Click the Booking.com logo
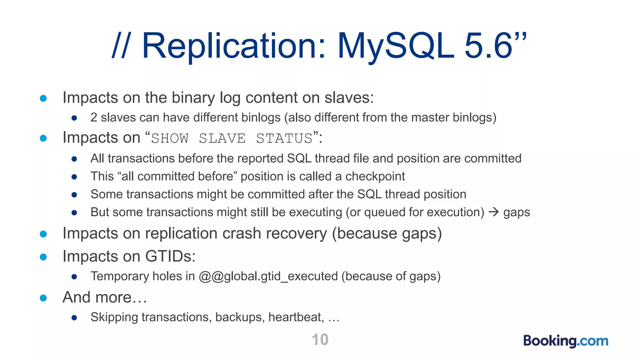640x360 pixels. coord(566,341)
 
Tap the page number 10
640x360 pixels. coord(320,340)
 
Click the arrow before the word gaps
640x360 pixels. coord(494,212)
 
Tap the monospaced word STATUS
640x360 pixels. coord(284,138)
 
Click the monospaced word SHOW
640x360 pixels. coord(170,138)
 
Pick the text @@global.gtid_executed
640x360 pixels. coord(268,276)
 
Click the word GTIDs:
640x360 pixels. coord(170,256)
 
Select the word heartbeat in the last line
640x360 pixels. coord(296,317)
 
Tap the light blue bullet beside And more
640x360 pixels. coord(43,298)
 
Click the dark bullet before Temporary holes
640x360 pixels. coord(74,277)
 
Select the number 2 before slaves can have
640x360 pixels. coord(93,117)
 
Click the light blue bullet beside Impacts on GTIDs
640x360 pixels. coord(43,257)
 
